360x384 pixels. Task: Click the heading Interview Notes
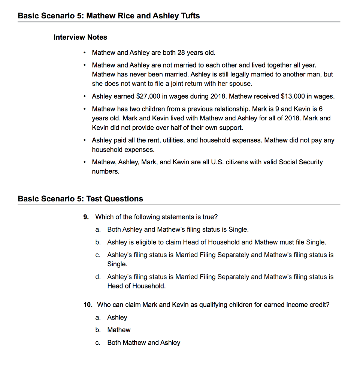point(80,37)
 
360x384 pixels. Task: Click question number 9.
point(86,217)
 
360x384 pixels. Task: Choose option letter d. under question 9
point(98,277)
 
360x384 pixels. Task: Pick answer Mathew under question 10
point(119,330)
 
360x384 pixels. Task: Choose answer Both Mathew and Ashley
point(143,342)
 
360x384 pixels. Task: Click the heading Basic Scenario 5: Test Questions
point(80,199)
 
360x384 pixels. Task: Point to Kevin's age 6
point(320,109)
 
